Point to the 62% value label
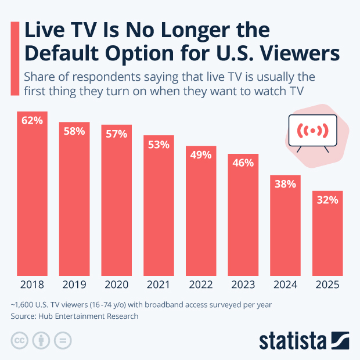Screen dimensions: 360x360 tap(32, 121)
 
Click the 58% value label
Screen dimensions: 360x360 tap(74, 131)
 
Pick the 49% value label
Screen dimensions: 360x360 tap(201, 155)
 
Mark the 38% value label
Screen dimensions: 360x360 tap(285, 184)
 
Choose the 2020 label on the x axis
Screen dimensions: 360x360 tap(116, 285)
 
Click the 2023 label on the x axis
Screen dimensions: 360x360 tap(243, 285)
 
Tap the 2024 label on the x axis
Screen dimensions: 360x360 tap(285, 285)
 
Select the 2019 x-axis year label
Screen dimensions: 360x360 tap(74, 285)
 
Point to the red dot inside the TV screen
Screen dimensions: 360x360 tap(313, 131)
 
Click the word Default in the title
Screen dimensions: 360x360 tap(58, 53)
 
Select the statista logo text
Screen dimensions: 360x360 tap(293, 339)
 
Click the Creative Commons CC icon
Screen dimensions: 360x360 tap(20, 340)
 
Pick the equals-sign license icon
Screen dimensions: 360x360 tap(65, 340)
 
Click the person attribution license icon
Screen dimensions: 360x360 tap(42, 340)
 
